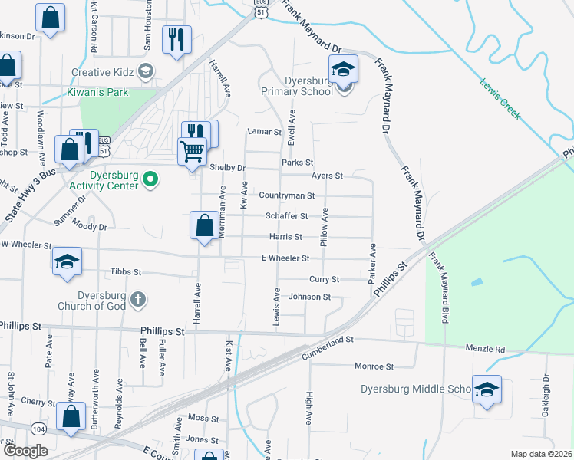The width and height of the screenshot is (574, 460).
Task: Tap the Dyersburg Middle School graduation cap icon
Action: tap(486, 389)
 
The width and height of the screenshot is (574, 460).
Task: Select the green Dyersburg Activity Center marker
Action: tap(151, 182)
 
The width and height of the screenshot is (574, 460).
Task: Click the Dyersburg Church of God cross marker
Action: tap(137, 299)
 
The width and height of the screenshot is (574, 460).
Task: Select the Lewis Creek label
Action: tap(500, 99)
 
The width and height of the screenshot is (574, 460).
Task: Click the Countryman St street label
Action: tap(286, 196)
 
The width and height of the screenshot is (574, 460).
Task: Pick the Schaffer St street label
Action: tap(286, 217)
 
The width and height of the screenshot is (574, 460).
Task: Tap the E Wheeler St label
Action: tap(285, 258)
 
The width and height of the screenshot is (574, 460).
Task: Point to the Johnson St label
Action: tap(309, 297)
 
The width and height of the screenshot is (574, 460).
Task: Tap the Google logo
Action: tap(25, 451)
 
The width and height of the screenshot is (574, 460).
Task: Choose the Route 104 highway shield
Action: tap(38, 426)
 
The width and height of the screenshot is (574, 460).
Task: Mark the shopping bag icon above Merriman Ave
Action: tap(204, 226)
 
